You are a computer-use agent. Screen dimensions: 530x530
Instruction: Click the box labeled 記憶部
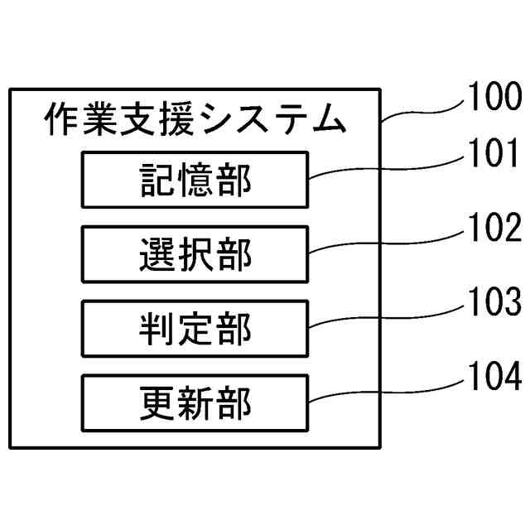tap(194, 179)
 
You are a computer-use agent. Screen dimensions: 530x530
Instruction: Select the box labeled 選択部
tap(194, 254)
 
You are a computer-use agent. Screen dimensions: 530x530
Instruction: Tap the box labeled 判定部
tap(194, 329)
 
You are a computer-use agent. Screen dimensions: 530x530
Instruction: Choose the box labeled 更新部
tap(194, 402)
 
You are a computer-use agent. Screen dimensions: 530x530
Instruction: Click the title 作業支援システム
tap(194, 121)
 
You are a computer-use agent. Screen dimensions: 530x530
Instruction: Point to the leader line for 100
tap(422, 112)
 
